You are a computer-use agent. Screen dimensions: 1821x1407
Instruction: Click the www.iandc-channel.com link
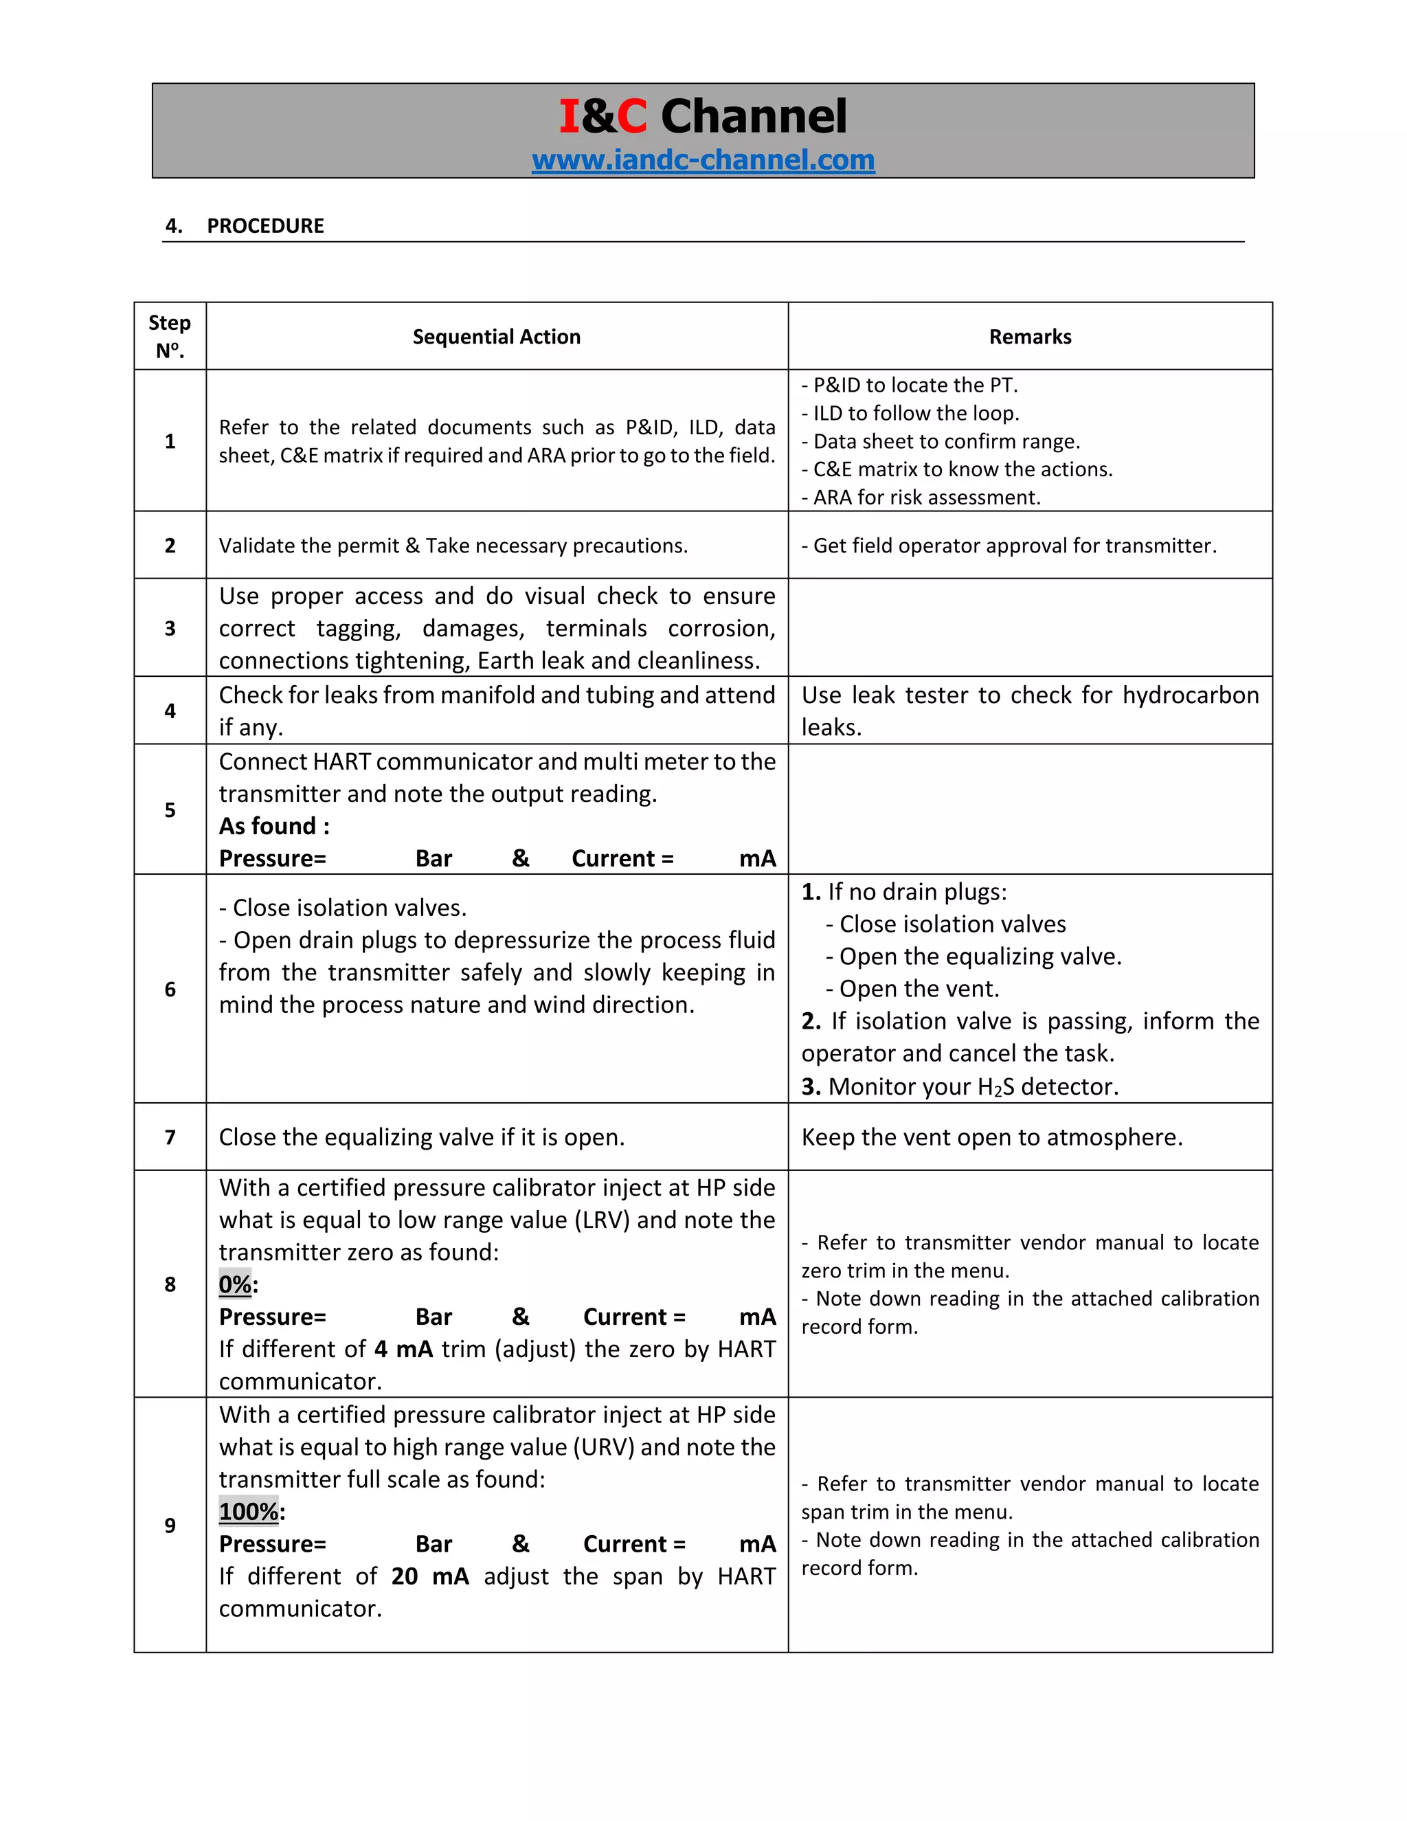pyautogui.click(x=703, y=159)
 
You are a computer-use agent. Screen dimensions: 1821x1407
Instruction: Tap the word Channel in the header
pyautogui.click(x=754, y=116)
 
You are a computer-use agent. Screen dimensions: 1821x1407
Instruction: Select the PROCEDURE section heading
pyautogui.click(x=265, y=226)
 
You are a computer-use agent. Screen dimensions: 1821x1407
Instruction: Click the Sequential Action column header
pyautogui.click(x=496, y=337)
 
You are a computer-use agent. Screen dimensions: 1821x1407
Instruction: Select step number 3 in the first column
pyautogui.click(x=170, y=628)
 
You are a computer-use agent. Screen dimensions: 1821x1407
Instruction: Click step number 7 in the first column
pyautogui.click(x=170, y=1137)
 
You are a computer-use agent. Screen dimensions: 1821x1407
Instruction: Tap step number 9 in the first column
pyautogui.click(x=170, y=1525)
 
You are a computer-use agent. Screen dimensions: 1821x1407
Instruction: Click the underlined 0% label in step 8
pyautogui.click(x=235, y=1284)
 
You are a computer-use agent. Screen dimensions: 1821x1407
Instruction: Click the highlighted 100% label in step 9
pyautogui.click(x=249, y=1511)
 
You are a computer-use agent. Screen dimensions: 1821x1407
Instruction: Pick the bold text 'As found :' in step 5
pyautogui.click(x=274, y=826)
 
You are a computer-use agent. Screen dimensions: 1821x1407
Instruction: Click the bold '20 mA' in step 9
pyautogui.click(x=429, y=1576)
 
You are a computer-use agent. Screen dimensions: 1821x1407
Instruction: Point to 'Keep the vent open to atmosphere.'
pyautogui.click(x=992, y=1137)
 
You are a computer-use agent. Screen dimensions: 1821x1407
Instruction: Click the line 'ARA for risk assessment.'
pyautogui.click(x=926, y=498)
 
